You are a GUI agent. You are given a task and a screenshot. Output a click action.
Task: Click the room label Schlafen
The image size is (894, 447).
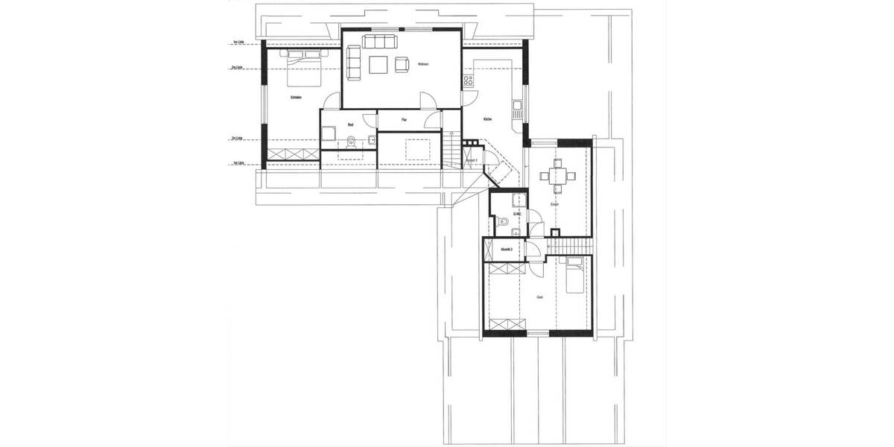(295, 98)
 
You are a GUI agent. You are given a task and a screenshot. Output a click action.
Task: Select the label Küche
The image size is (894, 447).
(487, 119)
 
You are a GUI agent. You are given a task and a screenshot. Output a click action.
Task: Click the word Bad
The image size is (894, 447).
(350, 125)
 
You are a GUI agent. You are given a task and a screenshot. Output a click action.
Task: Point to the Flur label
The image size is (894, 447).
(404, 119)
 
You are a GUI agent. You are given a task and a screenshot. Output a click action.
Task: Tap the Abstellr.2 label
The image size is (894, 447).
(507, 249)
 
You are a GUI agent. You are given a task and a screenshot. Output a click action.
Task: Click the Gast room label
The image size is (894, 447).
(539, 297)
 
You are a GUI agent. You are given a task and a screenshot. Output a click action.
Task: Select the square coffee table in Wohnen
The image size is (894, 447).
(378, 65)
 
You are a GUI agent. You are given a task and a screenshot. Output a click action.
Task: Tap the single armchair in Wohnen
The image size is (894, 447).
(402, 65)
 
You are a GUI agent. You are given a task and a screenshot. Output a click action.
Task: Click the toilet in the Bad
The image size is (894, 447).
(349, 142)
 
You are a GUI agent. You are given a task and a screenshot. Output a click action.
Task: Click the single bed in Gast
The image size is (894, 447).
(575, 278)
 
